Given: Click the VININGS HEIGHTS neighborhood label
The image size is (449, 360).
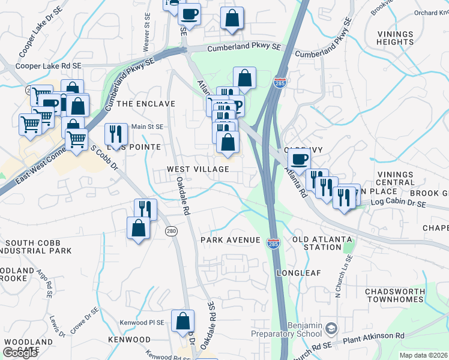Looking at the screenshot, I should [x=395, y=38].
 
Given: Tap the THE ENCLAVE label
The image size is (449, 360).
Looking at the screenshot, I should [x=146, y=104].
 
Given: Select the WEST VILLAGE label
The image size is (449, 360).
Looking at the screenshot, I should [x=198, y=170].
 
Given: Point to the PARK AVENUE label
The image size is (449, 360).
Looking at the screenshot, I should [x=231, y=240].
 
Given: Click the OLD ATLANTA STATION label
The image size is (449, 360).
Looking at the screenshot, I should [x=322, y=243].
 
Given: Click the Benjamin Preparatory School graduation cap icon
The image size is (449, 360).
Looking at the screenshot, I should [x=331, y=328].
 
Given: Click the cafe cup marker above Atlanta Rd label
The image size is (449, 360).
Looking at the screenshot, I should [x=298, y=160].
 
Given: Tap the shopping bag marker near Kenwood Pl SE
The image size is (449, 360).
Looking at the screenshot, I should [x=182, y=321].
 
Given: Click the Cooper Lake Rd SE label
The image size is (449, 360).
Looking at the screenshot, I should [x=49, y=66].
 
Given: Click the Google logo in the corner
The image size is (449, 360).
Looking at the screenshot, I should [x=20, y=353].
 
